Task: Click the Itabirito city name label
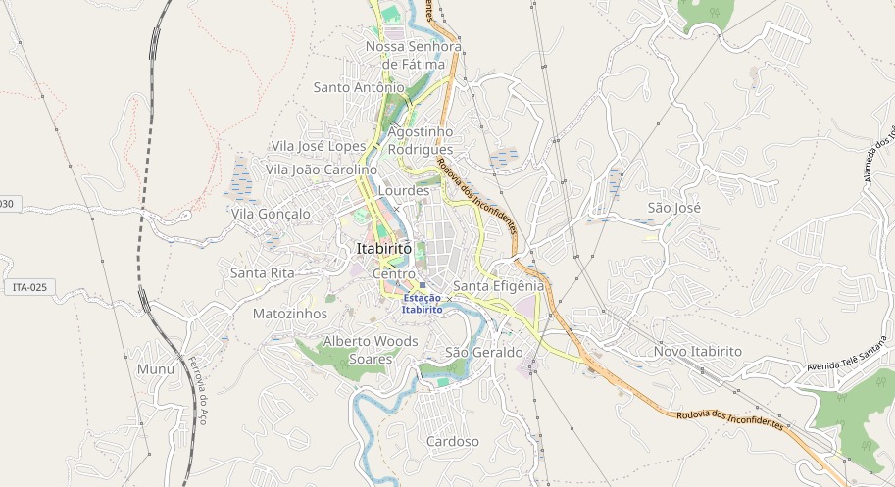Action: (x=384, y=249)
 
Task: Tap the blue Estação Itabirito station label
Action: (x=422, y=303)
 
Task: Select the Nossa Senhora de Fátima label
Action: (x=413, y=55)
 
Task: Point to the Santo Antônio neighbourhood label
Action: (x=359, y=87)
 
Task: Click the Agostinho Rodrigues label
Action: (x=421, y=140)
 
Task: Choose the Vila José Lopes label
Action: (x=319, y=146)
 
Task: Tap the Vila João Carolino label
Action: (x=321, y=170)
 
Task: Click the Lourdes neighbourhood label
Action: (x=403, y=190)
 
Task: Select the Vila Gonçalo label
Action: (x=271, y=214)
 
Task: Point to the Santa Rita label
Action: (x=262, y=272)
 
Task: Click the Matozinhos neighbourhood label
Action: (x=289, y=314)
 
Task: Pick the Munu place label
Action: (x=156, y=369)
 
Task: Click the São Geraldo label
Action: (x=484, y=352)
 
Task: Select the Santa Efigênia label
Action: (x=498, y=285)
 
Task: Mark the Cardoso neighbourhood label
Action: (x=453, y=442)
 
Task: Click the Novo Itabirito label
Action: (x=698, y=351)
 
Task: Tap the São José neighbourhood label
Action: (x=675, y=208)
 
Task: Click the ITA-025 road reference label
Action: (x=30, y=287)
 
